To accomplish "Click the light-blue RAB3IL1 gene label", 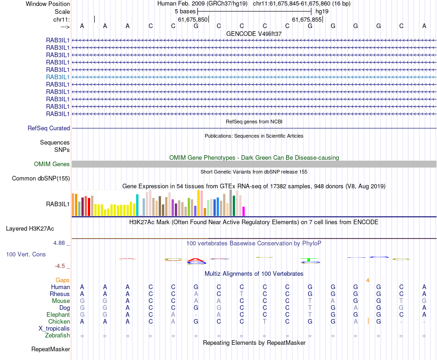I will tap(57, 77).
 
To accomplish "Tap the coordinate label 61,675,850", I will tap(193, 19).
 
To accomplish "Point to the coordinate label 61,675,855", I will tap(307, 19).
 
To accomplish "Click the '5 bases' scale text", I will tap(185, 11).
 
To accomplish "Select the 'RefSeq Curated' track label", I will tap(49, 128).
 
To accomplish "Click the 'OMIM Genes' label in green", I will tap(52, 164).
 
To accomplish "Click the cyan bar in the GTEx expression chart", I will tap(138, 205).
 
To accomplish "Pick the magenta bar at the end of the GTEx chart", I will tap(244, 211).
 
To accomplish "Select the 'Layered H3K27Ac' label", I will tap(30, 228).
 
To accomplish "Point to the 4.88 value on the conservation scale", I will tap(61, 243).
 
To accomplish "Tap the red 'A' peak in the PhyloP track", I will tap(196, 260).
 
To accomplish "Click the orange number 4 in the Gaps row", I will tap(368, 280).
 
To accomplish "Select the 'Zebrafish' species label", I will tap(57, 336).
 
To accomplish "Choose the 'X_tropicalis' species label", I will tap(54, 329).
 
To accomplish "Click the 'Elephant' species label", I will tap(58, 315).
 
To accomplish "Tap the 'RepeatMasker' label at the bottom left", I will tap(51, 349).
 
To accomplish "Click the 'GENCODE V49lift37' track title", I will tap(254, 34).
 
